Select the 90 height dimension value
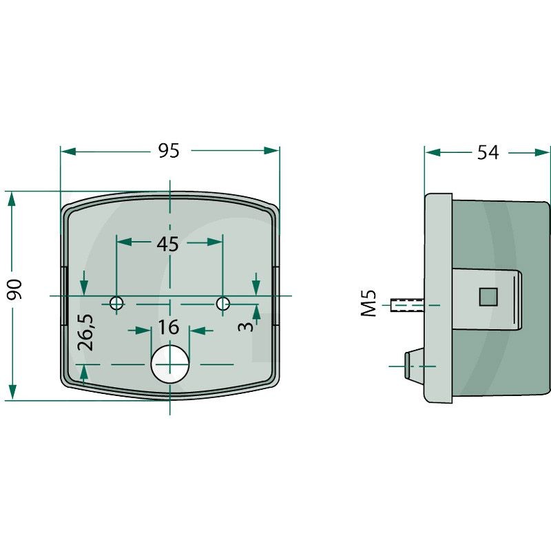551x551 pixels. (15, 289)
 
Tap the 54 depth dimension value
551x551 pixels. (488, 152)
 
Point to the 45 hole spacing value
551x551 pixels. (167, 244)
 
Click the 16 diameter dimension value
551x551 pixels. (168, 327)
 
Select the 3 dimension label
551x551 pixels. (246, 326)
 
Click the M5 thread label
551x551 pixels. (370, 304)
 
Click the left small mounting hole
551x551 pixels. (116, 303)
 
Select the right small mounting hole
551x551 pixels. (222, 303)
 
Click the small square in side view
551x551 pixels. (488, 296)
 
